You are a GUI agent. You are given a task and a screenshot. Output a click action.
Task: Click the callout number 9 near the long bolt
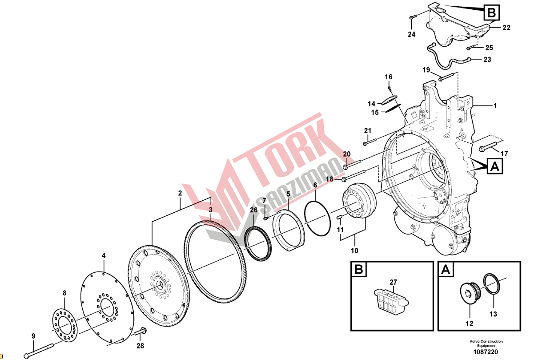coord(33,336)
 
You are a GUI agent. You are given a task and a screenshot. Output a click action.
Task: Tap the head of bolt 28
coord(143,331)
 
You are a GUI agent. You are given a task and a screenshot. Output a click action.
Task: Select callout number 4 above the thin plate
coord(104,256)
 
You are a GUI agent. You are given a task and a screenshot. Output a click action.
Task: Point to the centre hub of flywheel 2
coord(159,285)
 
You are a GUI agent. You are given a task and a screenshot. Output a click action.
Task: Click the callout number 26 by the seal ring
coord(253,210)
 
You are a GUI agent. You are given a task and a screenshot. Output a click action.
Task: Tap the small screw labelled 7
coord(265,218)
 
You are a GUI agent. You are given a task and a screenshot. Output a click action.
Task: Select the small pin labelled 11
coord(340,218)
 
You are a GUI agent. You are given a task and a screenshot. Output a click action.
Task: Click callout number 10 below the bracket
coord(354,251)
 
